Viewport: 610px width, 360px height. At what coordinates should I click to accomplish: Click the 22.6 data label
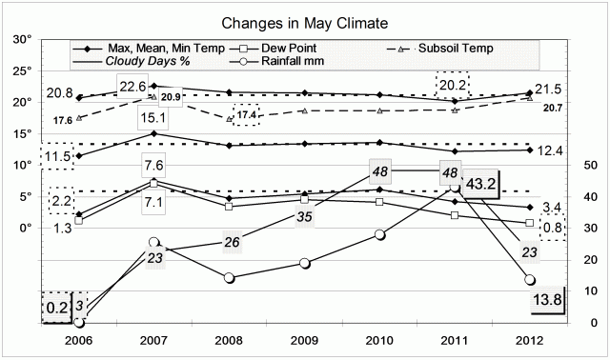pos(158,88)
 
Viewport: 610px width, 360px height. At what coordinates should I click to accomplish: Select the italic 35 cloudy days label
pos(304,216)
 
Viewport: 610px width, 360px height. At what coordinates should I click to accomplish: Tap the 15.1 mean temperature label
pos(154,118)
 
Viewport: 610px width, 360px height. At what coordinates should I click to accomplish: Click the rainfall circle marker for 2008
pos(229,278)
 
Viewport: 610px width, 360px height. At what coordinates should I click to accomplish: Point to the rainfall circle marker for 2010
pos(380,234)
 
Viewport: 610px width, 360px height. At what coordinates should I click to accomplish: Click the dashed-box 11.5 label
pos(57,155)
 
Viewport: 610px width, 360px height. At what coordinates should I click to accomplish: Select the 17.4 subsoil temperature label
pos(246,115)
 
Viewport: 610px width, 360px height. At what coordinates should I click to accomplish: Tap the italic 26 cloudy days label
pos(230,241)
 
